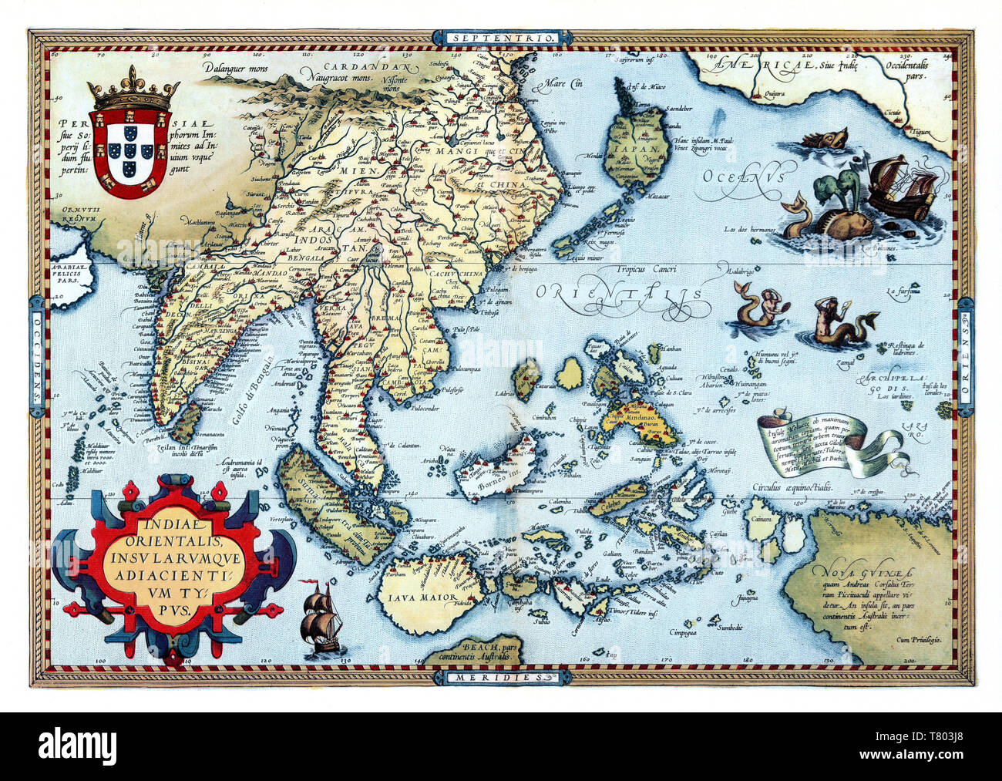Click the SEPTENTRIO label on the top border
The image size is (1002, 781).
(x=501, y=37)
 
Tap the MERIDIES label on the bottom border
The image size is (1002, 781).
(x=501, y=678)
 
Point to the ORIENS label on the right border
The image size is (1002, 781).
(x=965, y=350)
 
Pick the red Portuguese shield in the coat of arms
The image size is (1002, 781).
(x=128, y=152)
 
